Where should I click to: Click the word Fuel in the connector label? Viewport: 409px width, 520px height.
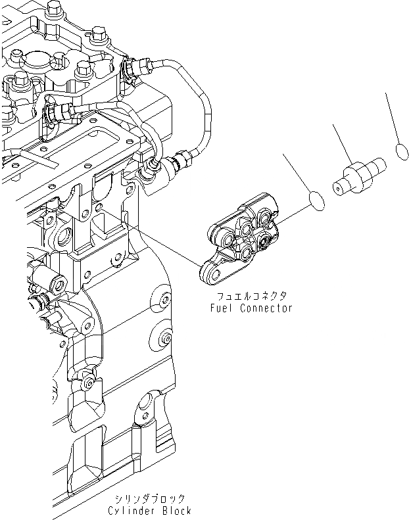(221, 308)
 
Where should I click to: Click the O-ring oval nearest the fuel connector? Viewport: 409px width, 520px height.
(317, 201)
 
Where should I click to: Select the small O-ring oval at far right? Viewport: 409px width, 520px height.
(403, 151)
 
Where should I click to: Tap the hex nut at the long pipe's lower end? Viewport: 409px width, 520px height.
(179, 160)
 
